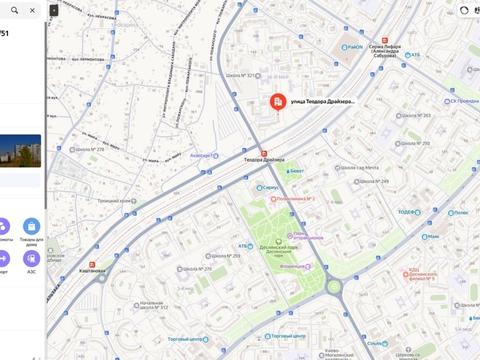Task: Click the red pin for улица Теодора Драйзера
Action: pyautogui.click(x=276, y=102)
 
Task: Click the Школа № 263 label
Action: pyautogui.click(x=416, y=116)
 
